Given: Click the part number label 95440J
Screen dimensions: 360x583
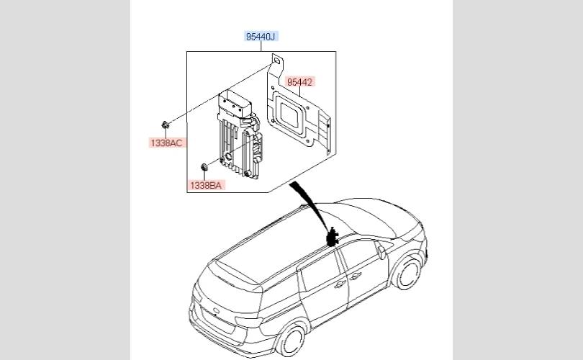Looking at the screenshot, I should click(260, 36).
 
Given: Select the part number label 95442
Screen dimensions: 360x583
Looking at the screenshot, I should click(299, 82).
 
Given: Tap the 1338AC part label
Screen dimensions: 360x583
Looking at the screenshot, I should click(167, 143).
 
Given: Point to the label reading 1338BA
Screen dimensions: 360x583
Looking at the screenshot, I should click(207, 185).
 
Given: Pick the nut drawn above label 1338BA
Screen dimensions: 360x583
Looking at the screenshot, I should click(204, 168).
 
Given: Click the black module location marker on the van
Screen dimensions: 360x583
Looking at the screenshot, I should click(333, 236).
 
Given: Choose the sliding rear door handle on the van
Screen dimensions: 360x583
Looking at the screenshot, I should click(338, 284).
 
